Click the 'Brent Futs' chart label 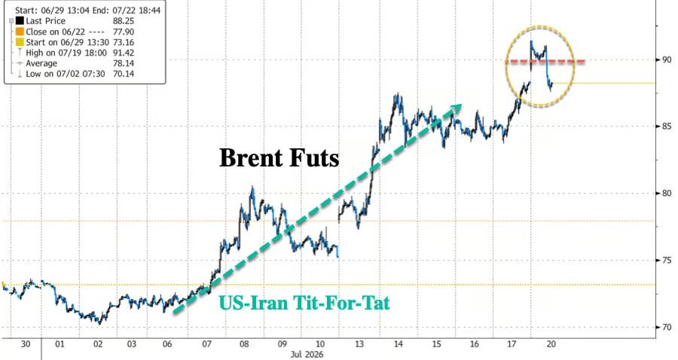[x=279, y=157]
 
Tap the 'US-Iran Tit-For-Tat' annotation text [x=304, y=303]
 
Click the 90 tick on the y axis [x=667, y=59]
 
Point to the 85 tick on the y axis [x=667, y=127]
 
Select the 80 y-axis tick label [x=667, y=194]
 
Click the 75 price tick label [x=667, y=260]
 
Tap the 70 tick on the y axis [x=667, y=327]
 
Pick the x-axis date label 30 [x=26, y=344]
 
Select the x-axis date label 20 [x=551, y=344]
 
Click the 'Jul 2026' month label [x=307, y=355]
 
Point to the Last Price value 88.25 [x=124, y=21]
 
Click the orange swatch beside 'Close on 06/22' [x=20, y=32]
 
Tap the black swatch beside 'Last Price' [x=20, y=21]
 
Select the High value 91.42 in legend [x=124, y=53]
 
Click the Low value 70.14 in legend [x=124, y=74]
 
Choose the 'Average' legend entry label [x=41, y=63]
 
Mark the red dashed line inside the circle [x=545, y=61]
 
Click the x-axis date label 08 [x=244, y=344]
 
